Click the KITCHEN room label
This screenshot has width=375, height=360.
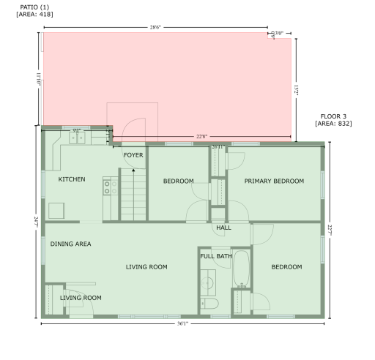click(x=72, y=179)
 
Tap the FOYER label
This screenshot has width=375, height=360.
click(x=133, y=155)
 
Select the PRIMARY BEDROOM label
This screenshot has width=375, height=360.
click(x=273, y=181)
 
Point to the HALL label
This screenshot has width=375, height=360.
click(x=223, y=228)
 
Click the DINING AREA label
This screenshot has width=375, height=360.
click(x=71, y=244)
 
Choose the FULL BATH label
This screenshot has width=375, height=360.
click(x=215, y=256)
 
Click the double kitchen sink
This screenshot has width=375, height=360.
click(x=78, y=136)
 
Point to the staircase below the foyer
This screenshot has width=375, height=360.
click(x=133, y=193)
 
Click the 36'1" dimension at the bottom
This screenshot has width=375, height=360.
click(x=185, y=323)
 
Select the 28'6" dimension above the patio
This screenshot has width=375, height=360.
click(x=155, y=27)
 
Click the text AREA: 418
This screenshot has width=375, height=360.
click(x=30, y=12)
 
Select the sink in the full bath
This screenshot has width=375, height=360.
click(x=208, y=281)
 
